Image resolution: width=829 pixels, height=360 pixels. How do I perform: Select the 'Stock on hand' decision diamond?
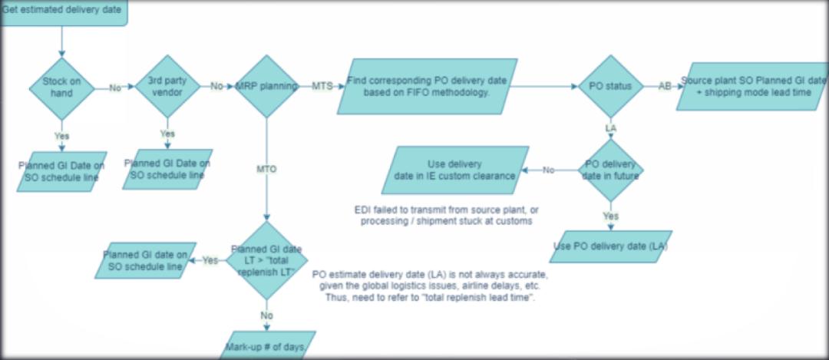61,88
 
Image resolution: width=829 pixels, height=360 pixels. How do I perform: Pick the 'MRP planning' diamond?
266,86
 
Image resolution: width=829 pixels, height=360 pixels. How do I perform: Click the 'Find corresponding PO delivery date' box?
426,86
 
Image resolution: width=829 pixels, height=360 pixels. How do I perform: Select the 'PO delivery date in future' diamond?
610,170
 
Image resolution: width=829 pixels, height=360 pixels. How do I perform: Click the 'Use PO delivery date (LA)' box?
611,246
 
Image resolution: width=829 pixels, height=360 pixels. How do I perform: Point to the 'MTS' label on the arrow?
322,86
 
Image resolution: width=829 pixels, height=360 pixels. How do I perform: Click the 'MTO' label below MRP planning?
266,168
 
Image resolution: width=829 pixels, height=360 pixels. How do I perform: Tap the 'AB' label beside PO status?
665,86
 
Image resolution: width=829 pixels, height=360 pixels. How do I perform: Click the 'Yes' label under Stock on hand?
61,135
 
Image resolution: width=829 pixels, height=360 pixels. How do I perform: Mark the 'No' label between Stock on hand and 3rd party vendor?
115,88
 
